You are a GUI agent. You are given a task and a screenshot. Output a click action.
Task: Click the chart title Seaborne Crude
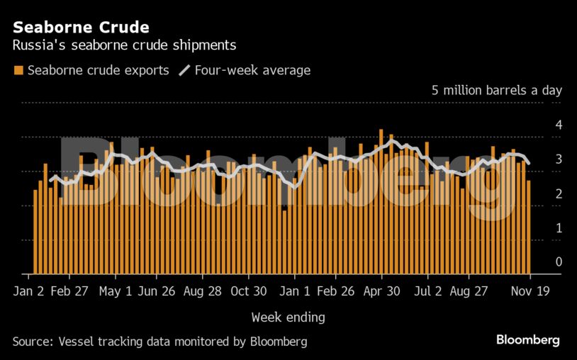coord(81,28)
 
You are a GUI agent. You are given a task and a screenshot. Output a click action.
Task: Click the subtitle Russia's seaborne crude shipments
coord(124,45)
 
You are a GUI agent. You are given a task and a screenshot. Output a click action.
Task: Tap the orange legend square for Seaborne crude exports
coord(18,70)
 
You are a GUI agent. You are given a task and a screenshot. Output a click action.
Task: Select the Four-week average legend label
coord(252,70)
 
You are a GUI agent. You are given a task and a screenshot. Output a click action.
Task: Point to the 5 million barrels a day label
coord(496,91)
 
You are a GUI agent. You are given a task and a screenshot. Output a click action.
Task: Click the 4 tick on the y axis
coord(559,125)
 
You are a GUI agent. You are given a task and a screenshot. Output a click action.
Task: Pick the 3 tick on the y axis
coord(559,159)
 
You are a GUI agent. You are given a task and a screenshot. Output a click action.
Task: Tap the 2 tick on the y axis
coord(559,193)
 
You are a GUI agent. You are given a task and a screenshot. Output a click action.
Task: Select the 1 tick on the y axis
coord(559,228)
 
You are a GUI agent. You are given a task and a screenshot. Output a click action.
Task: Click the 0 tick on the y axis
coord(559,262)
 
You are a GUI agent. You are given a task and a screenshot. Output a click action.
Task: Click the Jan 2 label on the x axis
coord(30,291)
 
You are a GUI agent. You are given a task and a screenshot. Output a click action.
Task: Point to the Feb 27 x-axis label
coord(71,291)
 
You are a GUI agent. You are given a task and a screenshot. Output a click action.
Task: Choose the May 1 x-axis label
coord(116,291)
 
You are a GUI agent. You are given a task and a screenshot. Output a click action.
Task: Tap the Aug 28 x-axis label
coord(202,291)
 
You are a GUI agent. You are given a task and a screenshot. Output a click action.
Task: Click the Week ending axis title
coord(288,316)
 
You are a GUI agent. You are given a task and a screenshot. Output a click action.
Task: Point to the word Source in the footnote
coord(31,342)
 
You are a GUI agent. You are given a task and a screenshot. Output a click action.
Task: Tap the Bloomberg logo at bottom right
coord(527,340)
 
